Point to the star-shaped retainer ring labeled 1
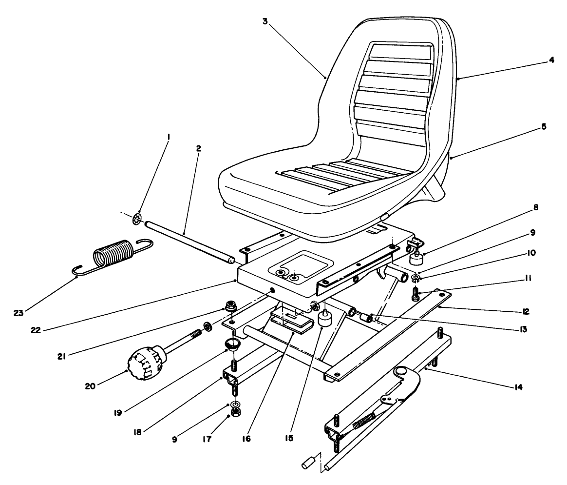click(x=138, y=220)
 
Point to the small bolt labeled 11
click(x=416, y=295)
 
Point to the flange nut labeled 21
click(x=228, y=307)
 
